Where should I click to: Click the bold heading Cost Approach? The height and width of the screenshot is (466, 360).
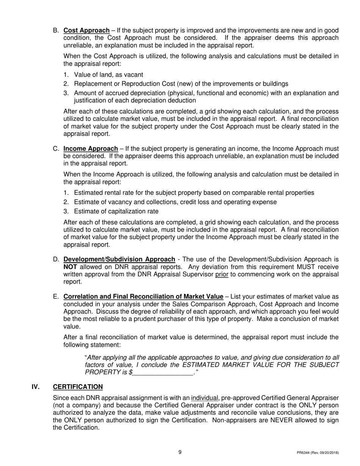click(86, 30)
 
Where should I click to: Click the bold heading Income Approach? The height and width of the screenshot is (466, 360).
click(91, 149)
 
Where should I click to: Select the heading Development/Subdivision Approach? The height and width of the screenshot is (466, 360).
click(119, 260)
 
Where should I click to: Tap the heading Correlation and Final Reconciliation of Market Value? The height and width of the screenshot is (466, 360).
click(143, 297)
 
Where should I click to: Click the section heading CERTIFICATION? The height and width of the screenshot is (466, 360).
click(78, 387)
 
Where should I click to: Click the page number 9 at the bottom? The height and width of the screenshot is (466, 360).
click(180, 452)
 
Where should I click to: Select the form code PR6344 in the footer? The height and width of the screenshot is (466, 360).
click(304, 453)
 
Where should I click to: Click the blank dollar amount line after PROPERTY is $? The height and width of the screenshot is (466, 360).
click(163, 372)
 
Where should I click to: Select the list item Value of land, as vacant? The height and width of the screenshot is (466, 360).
click(108, 75)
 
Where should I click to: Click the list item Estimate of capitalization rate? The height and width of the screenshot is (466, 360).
click(116, 211)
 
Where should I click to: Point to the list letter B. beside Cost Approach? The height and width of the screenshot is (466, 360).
click(56, 30)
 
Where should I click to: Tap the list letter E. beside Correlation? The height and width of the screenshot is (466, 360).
click(56, 297)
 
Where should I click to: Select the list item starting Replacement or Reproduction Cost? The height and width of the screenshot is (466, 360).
click(181, 84)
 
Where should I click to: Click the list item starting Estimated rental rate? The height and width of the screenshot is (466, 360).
click(194, 193)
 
